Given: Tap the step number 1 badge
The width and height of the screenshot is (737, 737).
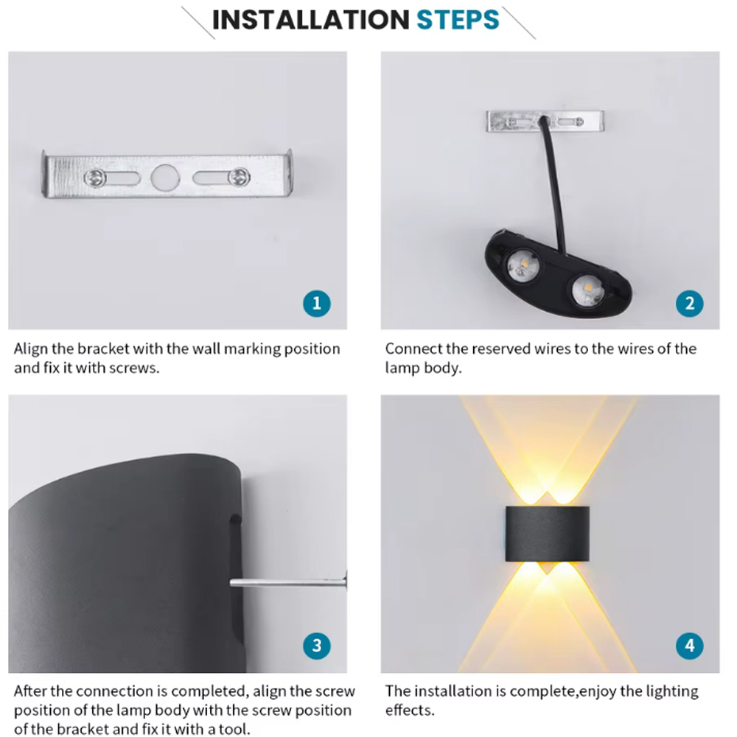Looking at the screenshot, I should click(x=317, y=303).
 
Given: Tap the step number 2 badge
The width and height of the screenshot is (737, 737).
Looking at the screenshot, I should click(x=690, y=303).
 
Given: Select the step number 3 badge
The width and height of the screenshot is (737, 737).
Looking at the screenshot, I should click(x=317, y=646).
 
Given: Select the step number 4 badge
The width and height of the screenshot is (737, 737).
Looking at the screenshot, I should click(x=690, y=646).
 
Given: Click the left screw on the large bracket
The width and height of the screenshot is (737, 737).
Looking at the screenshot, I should click(x=95, y=177).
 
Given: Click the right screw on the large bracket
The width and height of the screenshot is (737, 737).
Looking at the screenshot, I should click(x=238, y=177).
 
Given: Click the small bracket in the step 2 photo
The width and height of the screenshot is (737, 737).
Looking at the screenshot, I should click(x=545, y=121).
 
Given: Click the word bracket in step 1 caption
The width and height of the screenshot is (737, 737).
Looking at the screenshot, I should click(x=94, y=349).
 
